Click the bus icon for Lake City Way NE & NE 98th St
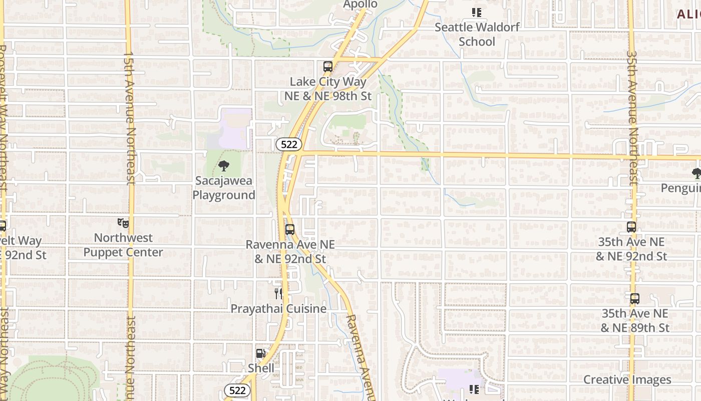(327, 66)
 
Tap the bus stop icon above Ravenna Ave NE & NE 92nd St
(289, 230)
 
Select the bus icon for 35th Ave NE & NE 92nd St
(631, 227)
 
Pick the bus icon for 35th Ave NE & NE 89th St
(634, 299)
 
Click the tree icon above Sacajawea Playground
(224, 166)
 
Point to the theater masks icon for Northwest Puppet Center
(123, 223)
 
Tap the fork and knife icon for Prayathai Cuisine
(278, 294)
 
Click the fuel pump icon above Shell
(260, 353)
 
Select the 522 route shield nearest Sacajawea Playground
(289, 145)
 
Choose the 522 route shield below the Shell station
(237, 390)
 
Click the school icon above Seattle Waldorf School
(476, 13)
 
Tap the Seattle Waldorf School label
(477, 34)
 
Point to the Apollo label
(360, 5)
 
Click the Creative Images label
(627, 380)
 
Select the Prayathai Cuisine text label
(278, 309)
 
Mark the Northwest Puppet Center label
(123, 245)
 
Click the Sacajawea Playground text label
(224, 188)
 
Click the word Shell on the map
(261, 368)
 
